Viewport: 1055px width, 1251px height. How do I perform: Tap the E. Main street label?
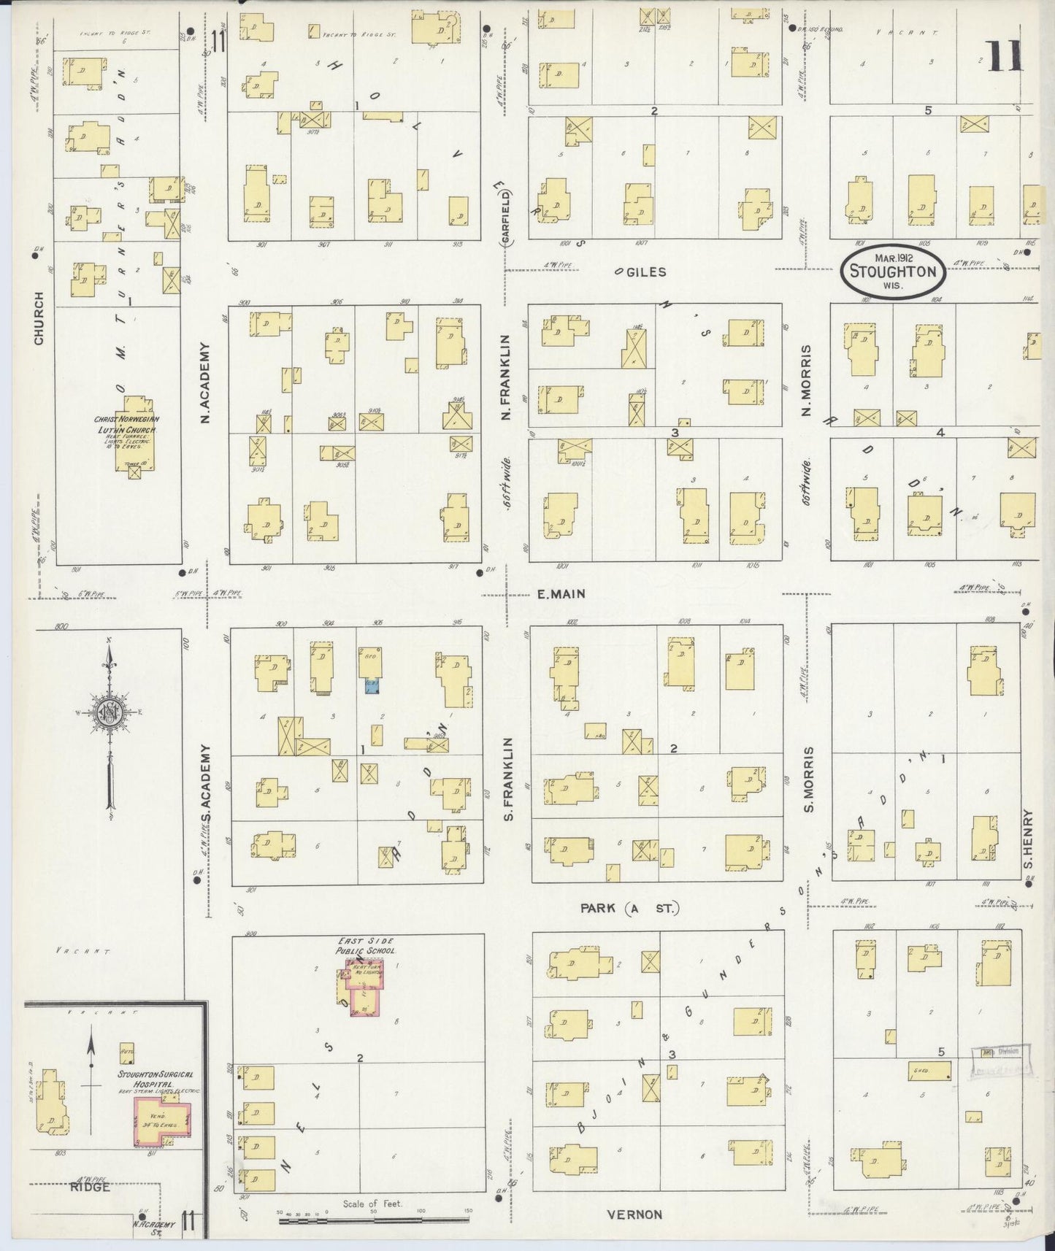[561, 594]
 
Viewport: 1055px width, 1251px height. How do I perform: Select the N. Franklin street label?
[505, 377]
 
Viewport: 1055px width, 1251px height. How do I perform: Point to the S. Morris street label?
[808, 780]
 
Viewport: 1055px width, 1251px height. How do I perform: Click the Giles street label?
[645, 272]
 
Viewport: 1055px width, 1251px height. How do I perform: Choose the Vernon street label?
[634, 1215]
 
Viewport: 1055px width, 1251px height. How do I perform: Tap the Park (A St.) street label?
[630, 909]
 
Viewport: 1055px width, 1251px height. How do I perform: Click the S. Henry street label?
[1027, 841]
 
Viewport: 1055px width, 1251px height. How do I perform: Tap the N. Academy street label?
[206, 382]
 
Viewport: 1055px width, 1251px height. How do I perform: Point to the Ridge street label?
[91, 1187]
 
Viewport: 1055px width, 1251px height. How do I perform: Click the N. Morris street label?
[807, 380]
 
